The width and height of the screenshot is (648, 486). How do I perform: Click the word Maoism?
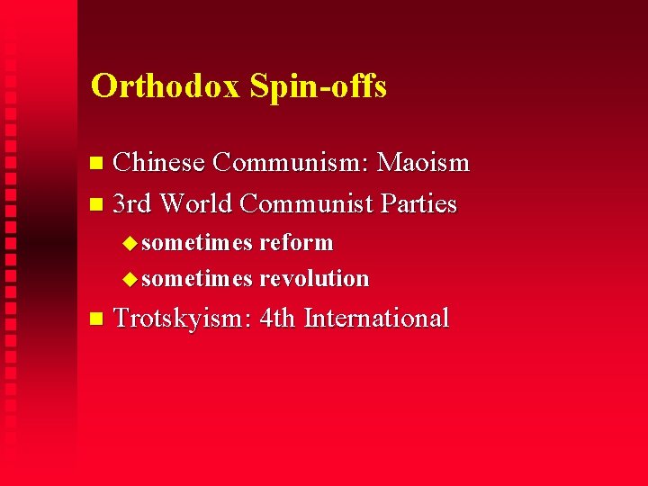pyautogui.click(x=423, y=163)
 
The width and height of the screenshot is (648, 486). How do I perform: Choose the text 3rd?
pyautogui.click(x=133, y=203)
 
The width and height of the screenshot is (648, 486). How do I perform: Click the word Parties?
pyautogui.click(x=418, y=203)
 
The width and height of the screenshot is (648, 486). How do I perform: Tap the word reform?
pyautogui.click(x=296, y=243)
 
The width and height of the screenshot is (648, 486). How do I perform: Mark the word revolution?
pyautogui.click(x=314, y=278)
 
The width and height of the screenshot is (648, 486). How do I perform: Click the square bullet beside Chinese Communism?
pyautogui.click(x=98, y=164)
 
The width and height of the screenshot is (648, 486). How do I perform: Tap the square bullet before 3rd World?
pyautogui.click(x=98, y=204)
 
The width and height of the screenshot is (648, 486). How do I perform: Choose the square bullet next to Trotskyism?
pyautogui.click(x=98, y=319)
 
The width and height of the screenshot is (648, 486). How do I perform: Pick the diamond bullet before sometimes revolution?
pyautogui.click(x=130, y=279)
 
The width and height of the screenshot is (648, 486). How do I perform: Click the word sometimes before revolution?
pyautogui.click(x=197, y=278)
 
